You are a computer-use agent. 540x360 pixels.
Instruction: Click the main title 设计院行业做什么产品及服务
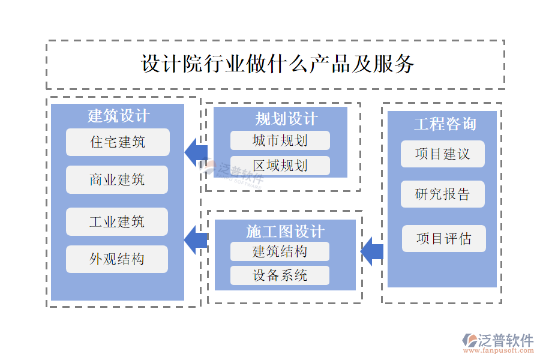pyautogui.click(x=277, y=64)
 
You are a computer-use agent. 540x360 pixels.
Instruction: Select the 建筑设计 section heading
pyautogui.click(x=118, y=115)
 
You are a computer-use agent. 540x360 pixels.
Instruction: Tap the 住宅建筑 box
pyautogui.click(x=118, y=142)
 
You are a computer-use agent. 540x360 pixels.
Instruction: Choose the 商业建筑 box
pyautogui.click(x=118, y=179)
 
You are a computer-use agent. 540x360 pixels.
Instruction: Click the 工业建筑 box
pyautogui.click(x=118, y=221)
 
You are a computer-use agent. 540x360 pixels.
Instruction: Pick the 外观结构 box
pyautogui.click(x=118, y=259)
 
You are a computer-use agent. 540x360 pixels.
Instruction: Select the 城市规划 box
pyautogui.click(x=280, y=140)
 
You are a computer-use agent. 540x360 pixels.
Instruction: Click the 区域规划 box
pyautogui.click(x=280, y=166)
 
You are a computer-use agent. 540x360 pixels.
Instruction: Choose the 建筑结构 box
pyautogui.click(x=280, y=251)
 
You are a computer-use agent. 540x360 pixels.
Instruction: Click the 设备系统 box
pyautogui.click(x=280, y=275)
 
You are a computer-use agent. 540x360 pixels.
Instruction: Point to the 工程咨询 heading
pyautogui.click(x=445, y=124)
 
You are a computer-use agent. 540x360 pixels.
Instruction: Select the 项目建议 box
pyautogui.click(x=442, y=154)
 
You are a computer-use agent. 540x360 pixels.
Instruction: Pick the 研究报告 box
pyautogui.click(x=442, y=194)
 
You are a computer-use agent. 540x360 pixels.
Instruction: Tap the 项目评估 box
pyautogui.click(x=443, y=239)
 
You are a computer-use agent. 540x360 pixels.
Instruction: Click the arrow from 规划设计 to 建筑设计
pyautogui.click(x=196, y=152)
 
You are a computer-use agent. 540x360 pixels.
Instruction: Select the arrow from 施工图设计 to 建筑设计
pyautogui.click(x=196, y=240)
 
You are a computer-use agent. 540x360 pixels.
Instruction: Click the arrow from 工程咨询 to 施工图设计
pyautogui.click(x=372, y=251)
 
